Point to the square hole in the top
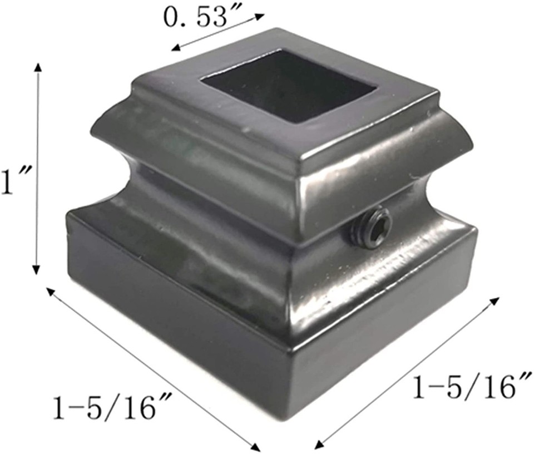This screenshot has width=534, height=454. click(289, 83)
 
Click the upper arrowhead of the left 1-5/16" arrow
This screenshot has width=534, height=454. click(49, 291)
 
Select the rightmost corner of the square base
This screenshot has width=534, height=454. click(477, 231)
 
